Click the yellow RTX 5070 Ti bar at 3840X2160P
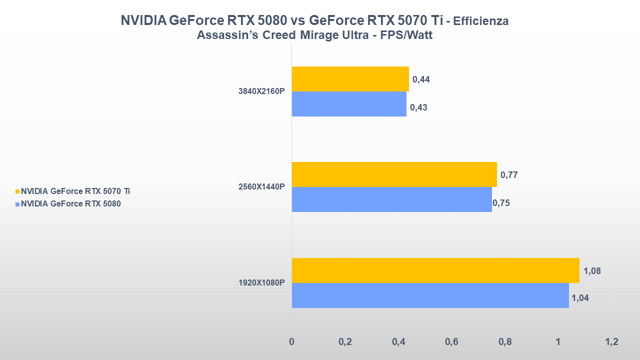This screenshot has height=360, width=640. (x=350, y=79)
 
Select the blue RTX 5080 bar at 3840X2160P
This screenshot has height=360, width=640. (x=348, y=104)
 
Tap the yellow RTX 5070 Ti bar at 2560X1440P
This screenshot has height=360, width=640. (x=394, y=174)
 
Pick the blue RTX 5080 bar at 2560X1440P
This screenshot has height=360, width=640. (x=391, y=199)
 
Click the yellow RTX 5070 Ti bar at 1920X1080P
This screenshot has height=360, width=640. (x=435, y=270)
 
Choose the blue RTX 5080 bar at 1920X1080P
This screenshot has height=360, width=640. (x=430, y=295)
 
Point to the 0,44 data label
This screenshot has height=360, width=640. (x=421, y=79)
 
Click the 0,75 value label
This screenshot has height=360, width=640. (x=501, y=203)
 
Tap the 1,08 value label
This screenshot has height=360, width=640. (x=592, y=271)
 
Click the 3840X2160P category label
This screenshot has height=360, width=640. (x=261, y=91)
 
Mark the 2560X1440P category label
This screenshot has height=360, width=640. (x=261, y=187)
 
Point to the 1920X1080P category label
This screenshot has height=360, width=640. (x=261, y=283)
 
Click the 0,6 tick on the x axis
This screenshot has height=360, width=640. (x=451, y=342)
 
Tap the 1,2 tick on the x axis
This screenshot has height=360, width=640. (x=611, y=342)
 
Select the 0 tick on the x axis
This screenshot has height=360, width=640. (x=292, y=342)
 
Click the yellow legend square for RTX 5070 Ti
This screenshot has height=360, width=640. (x=17, y=191)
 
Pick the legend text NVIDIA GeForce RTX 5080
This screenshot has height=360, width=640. (x=70, y=203)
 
